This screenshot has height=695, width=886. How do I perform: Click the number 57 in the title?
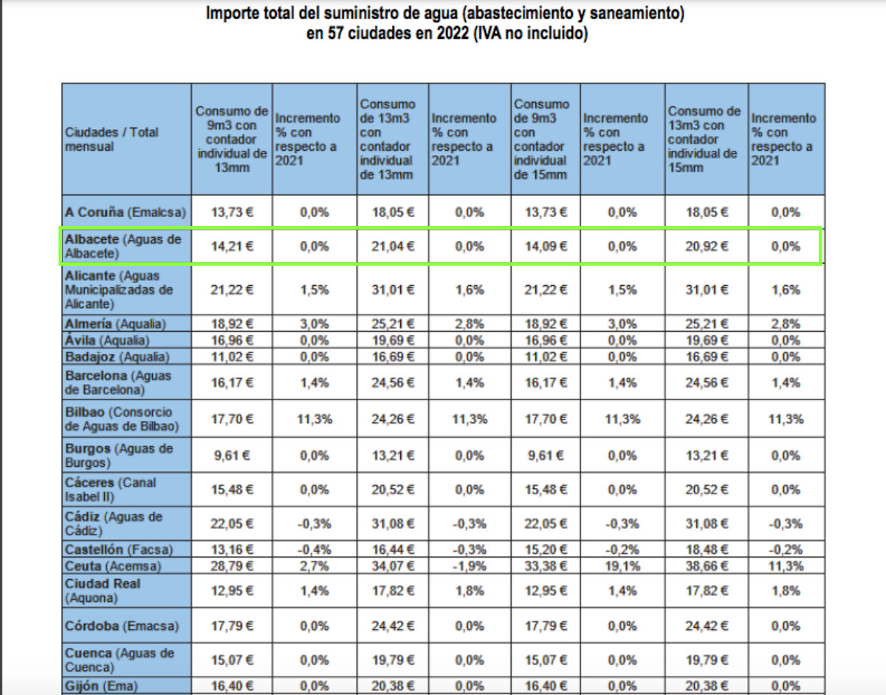pos(336,33)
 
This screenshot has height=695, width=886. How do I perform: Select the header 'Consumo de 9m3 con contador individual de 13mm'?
pos(232,139)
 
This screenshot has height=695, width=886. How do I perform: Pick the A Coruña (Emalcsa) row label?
pos(126,212)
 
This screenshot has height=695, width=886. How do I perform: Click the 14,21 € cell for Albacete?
pos(232,247)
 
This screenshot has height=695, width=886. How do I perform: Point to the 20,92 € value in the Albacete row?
pos(707,247)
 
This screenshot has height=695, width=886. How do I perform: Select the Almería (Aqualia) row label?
pos(115,323)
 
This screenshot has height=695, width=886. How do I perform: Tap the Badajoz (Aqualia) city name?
pos(117,357)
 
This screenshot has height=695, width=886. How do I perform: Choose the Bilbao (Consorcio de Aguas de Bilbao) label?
pos(122,419)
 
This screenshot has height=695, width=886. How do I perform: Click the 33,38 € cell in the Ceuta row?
pos(546,566)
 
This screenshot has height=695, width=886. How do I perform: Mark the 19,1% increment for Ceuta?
pos(622,566)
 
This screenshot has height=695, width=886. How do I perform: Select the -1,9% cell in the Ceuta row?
pos(470,566)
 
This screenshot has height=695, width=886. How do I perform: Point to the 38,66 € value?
pos(707,566)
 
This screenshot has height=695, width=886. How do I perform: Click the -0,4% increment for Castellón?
pos(315,550)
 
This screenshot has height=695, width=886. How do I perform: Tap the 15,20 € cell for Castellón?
pos(546,550)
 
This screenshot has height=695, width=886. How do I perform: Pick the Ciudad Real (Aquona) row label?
pos(103,591)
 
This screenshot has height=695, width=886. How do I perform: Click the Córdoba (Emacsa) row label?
pos(122,626)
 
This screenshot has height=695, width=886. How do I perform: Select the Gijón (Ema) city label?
pos(101,686)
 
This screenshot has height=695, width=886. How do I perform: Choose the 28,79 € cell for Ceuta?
pos(232,566)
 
